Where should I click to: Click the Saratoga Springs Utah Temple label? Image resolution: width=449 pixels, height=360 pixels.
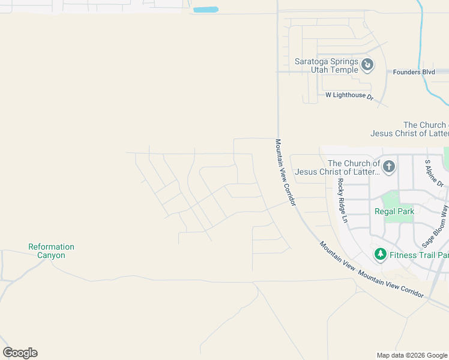(327, 65)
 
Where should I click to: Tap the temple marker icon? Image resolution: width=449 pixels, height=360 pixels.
(368, 64)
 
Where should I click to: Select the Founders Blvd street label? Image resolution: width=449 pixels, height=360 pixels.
(414, 72)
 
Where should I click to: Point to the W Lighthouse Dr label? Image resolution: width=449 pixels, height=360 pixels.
(349, 95)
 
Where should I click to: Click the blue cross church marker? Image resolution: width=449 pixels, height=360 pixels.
(389, 166)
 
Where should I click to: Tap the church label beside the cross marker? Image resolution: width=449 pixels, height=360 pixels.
(337, 167)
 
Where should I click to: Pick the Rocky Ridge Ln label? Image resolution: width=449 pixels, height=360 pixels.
(343, 200)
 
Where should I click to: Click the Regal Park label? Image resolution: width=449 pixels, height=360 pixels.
(394, 211)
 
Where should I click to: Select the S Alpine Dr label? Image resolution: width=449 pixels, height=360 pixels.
(433, 172)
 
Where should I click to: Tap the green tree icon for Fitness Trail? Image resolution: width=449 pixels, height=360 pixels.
(380, 254)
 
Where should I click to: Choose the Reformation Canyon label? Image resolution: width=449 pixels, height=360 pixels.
(52, 251)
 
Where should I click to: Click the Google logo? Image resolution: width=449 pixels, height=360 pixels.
(20, 353)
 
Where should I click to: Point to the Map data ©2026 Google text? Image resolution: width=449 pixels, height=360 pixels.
(412, 355)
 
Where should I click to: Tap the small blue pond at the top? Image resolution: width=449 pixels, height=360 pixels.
(206, 10)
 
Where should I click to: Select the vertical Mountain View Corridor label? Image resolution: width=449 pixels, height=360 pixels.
(286, 173)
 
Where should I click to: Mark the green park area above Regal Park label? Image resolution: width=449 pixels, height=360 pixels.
(391, 199)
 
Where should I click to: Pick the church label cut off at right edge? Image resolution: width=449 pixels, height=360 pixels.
(409, 129)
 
